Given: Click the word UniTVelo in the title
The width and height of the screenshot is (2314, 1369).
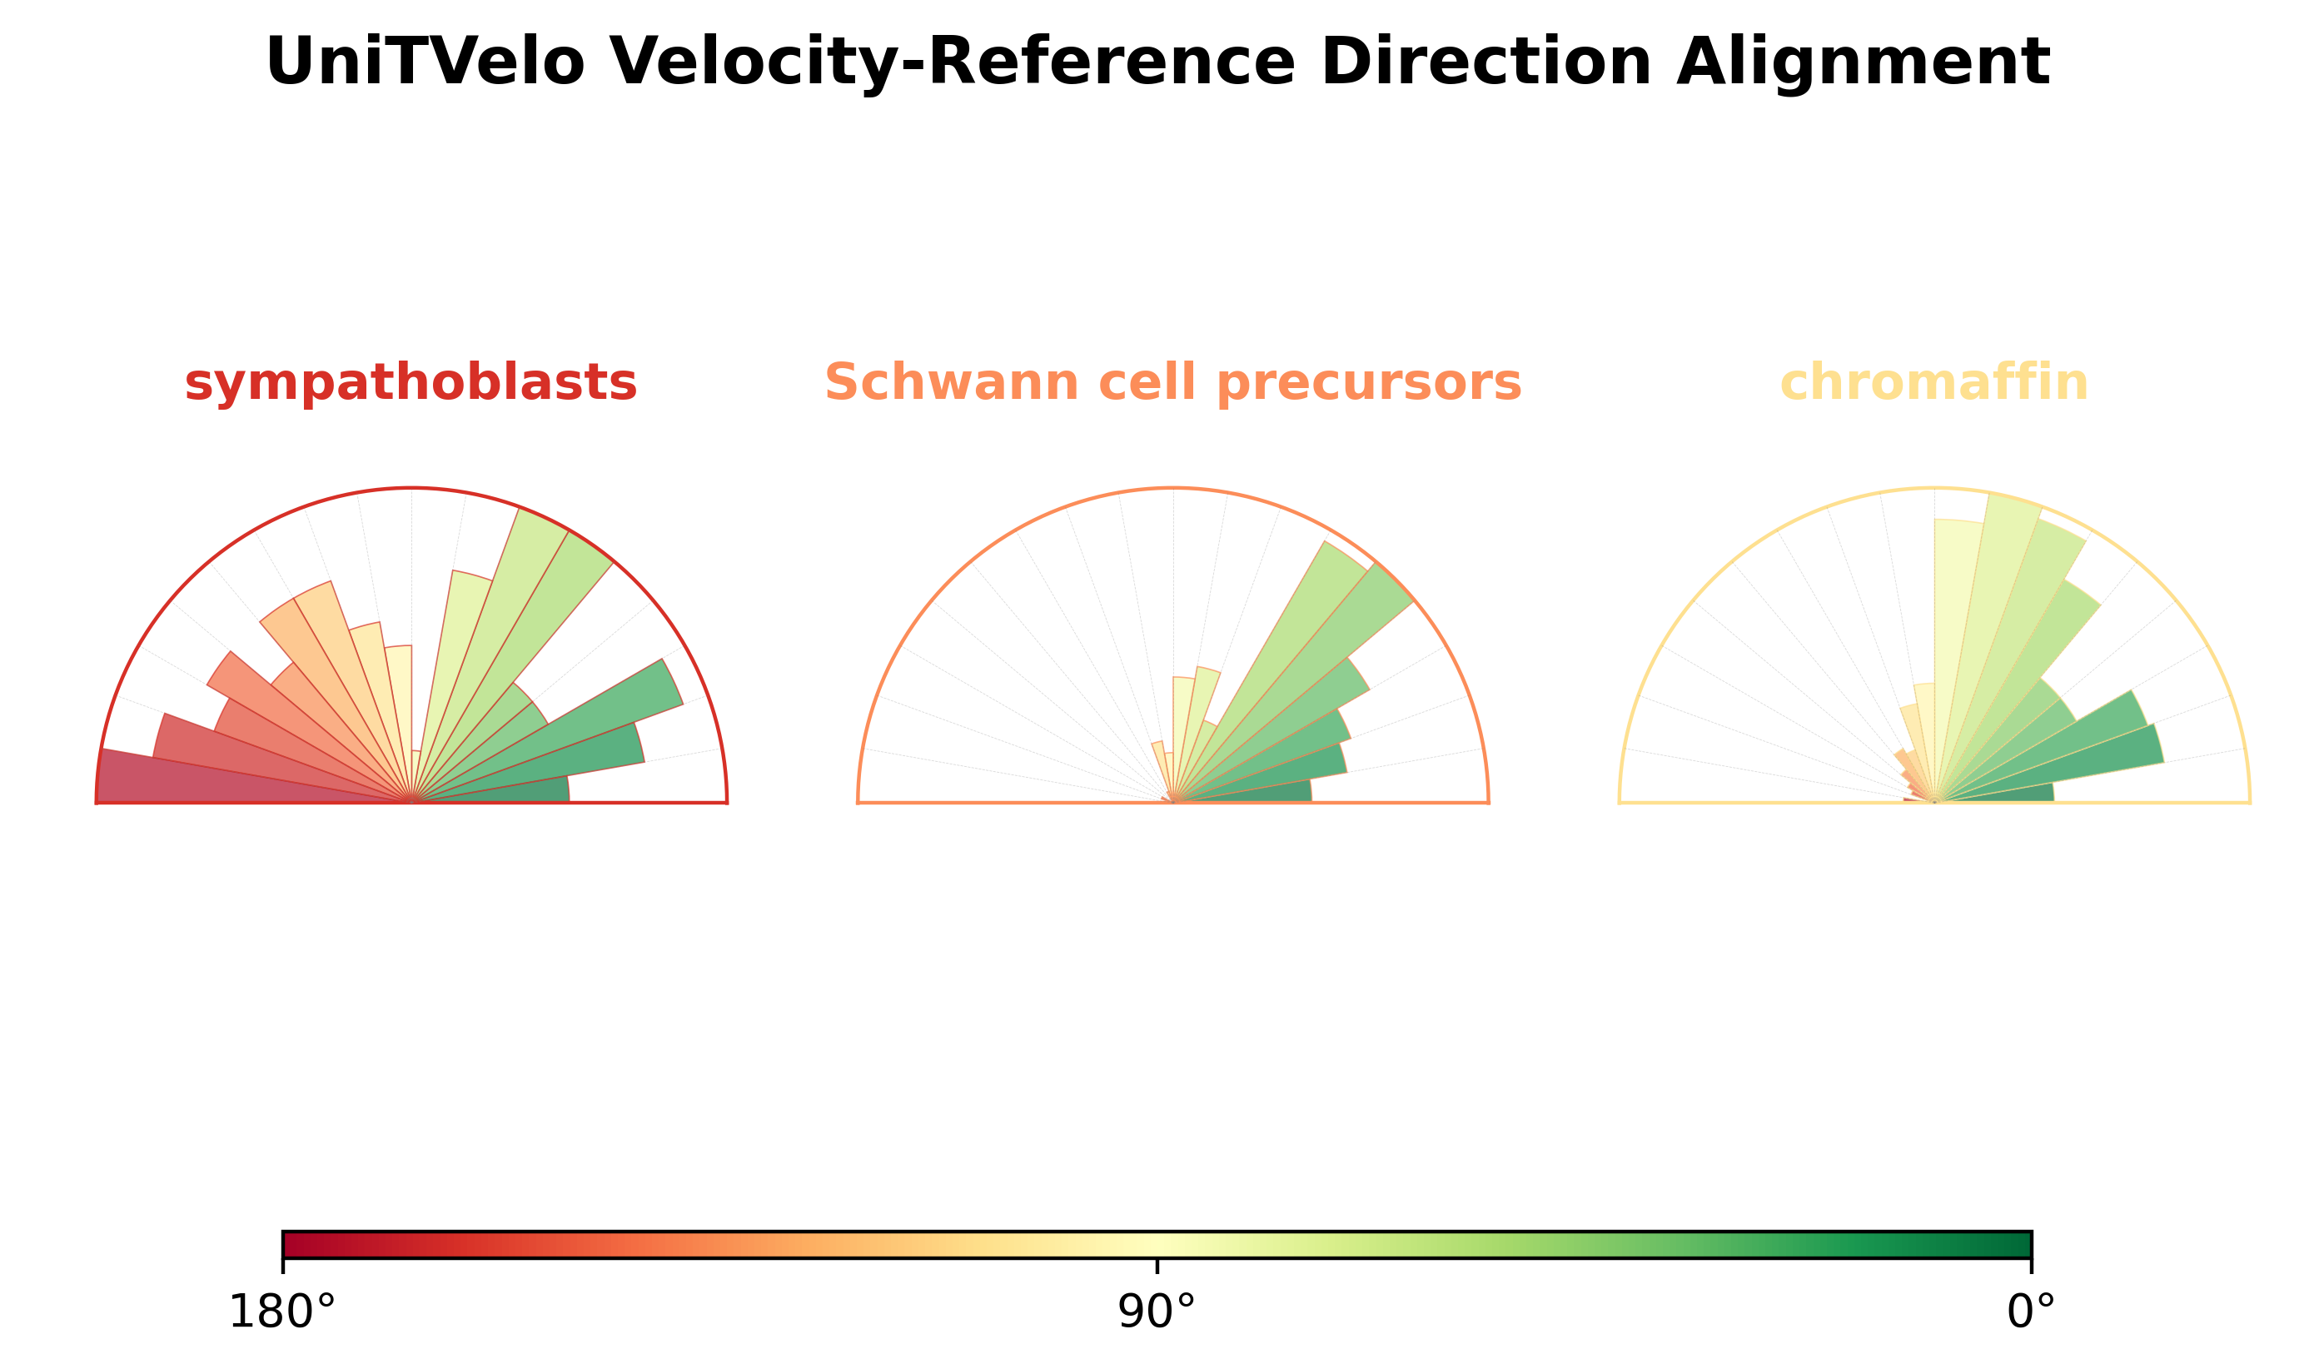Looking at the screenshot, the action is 425,62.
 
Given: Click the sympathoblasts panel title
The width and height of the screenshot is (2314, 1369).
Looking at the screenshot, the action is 411,383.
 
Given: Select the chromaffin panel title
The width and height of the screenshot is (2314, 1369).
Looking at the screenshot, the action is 1934,382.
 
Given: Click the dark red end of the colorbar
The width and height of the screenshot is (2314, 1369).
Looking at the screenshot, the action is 288,1244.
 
